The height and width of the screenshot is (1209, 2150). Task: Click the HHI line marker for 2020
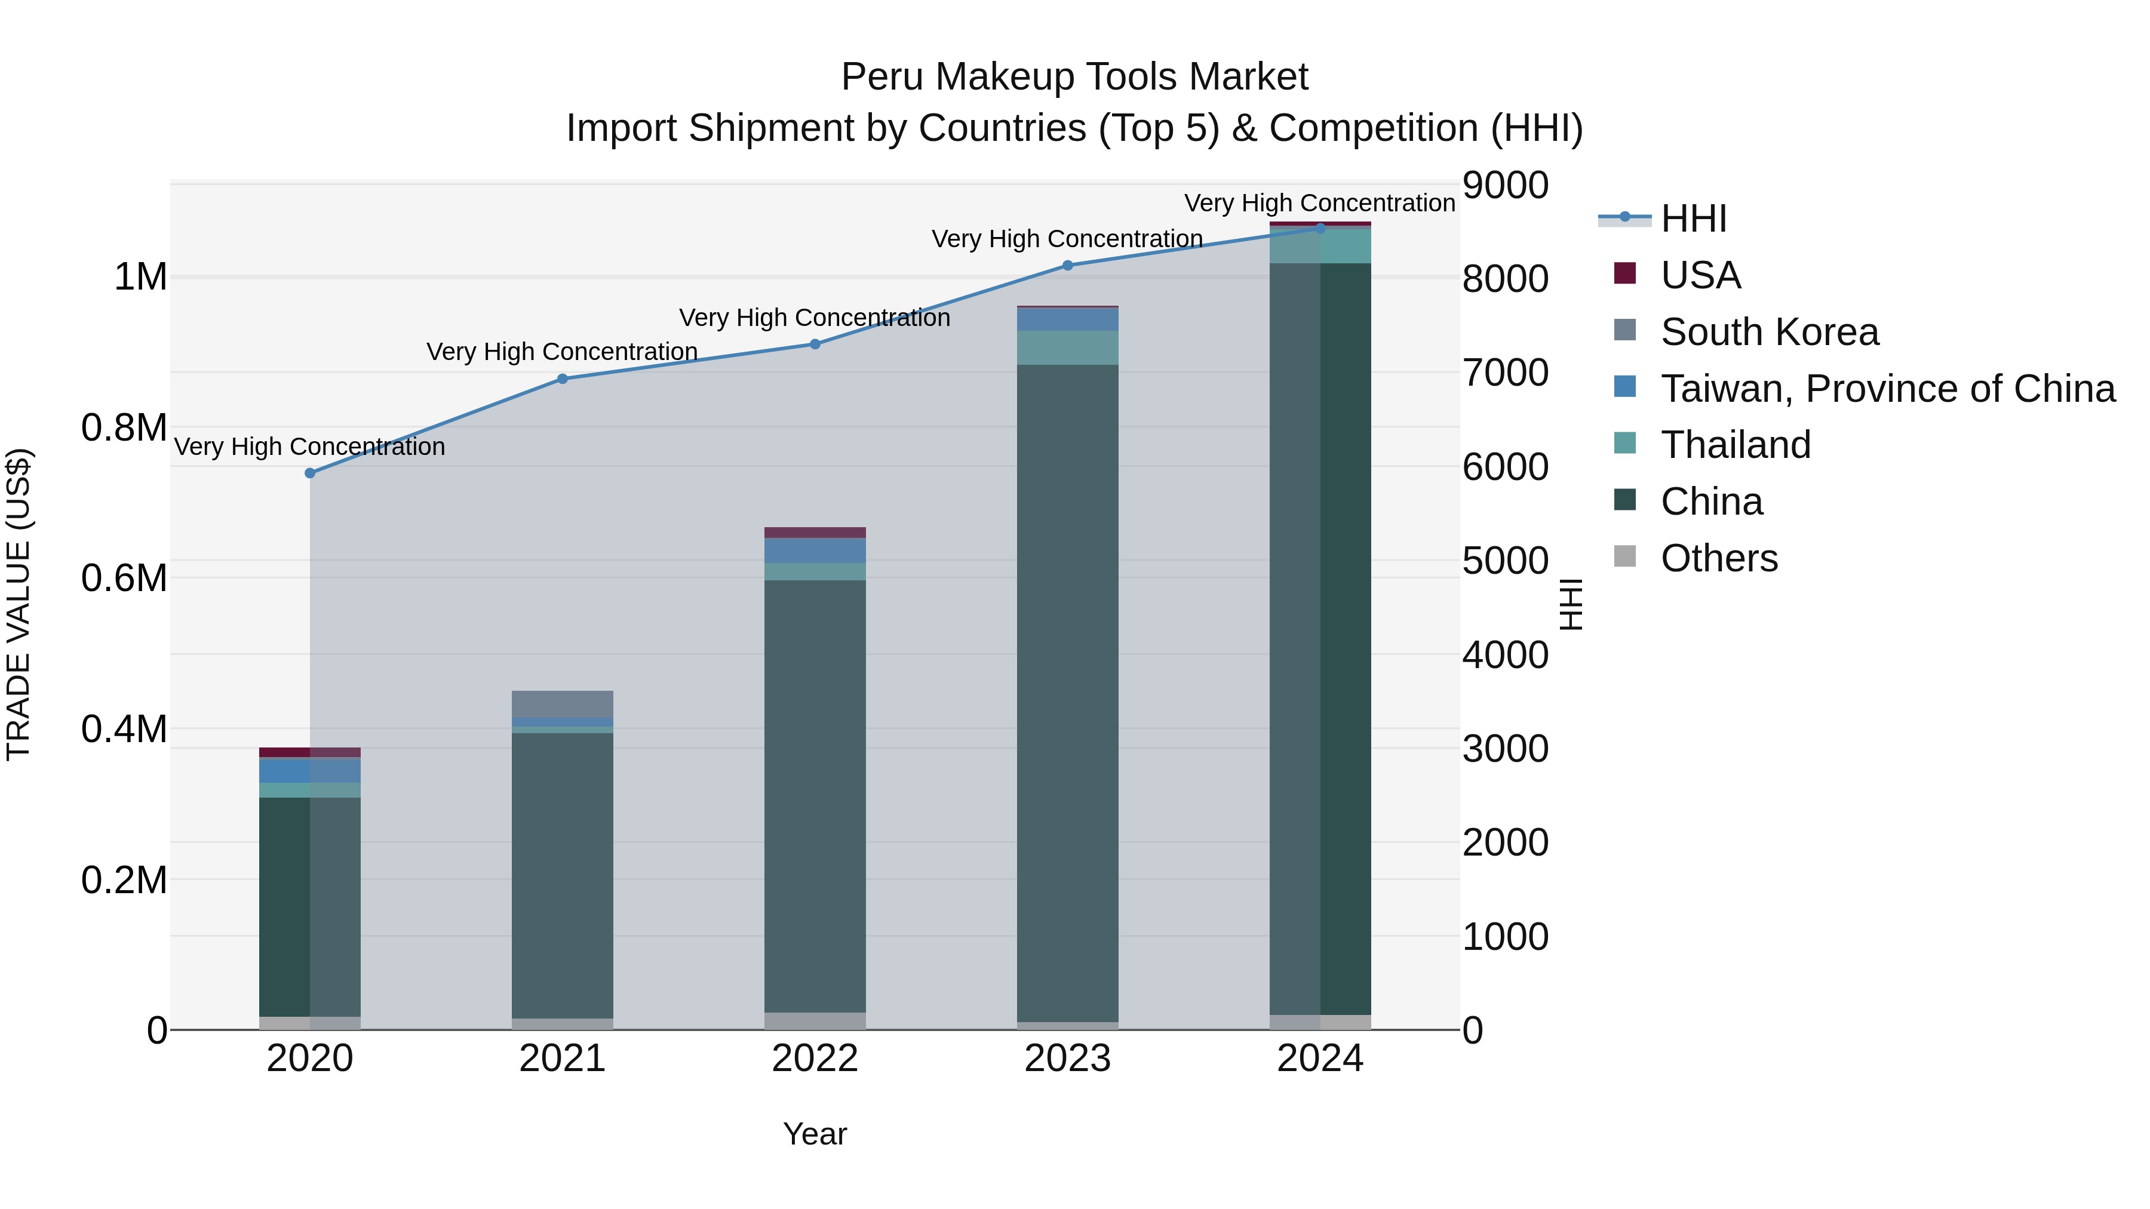click(309, 473)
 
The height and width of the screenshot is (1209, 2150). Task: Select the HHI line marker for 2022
click(815, 344)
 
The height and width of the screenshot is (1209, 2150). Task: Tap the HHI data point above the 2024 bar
click(1320, 228)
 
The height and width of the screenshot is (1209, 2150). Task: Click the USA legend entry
click(1700, 275)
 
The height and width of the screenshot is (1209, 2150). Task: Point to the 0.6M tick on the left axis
click(124, 578)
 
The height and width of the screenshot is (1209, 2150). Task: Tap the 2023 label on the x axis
click(1067, 1059)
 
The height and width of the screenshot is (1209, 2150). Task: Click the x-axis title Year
click(815, 1134)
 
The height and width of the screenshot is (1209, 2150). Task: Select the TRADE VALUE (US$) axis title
click(19, 604)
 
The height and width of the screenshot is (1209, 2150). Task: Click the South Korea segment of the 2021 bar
click(563, 703)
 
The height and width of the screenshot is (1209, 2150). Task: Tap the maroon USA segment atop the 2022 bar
click(815, 533)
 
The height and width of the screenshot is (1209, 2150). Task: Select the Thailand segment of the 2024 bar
click(1320, 246)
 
